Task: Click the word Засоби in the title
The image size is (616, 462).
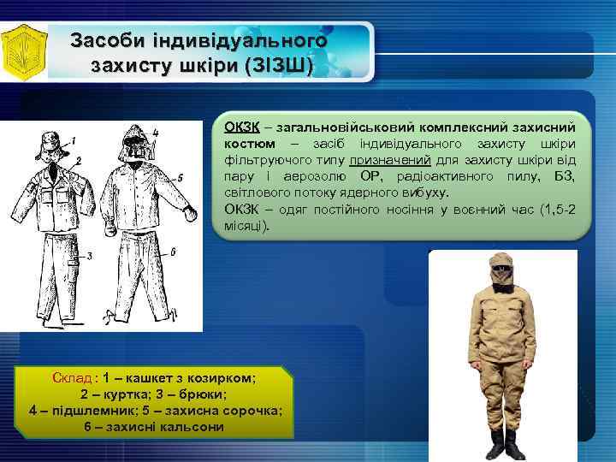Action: point(107,40)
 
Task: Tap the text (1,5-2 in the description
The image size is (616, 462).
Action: point(553,209)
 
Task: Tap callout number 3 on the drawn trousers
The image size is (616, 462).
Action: point(89,254)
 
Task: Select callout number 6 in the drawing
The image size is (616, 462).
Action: point(173,251)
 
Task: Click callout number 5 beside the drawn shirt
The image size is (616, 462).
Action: point(179,177)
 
